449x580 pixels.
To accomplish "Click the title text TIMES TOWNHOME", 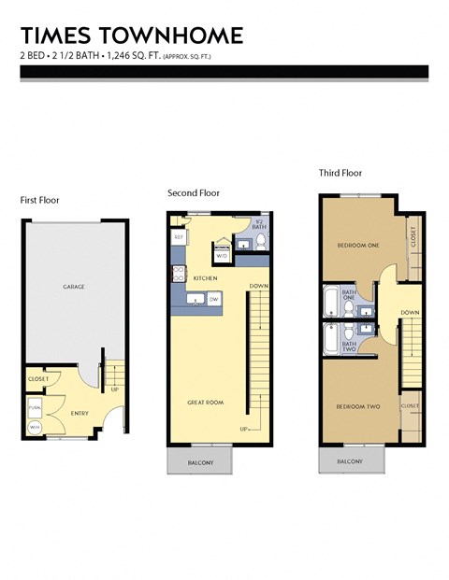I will tap(131, 35).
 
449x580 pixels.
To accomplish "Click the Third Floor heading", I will tap(340, 173).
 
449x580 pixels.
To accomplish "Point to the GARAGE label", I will tap(75, 287).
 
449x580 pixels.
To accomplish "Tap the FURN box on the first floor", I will tap(35, 408).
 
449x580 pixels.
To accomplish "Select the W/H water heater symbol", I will tap(35, 428).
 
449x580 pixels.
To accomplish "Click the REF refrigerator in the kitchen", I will tap(178, 238).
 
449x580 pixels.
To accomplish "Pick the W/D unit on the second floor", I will tap(222, 255).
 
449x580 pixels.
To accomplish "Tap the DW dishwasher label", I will tap(214, 299).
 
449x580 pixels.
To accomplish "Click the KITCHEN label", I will tap(205, 278).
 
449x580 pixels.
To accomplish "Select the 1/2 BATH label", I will tap(259, 224).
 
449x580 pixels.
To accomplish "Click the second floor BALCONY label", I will tap(200, 462).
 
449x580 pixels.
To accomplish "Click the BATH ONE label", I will tap(349, 296).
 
